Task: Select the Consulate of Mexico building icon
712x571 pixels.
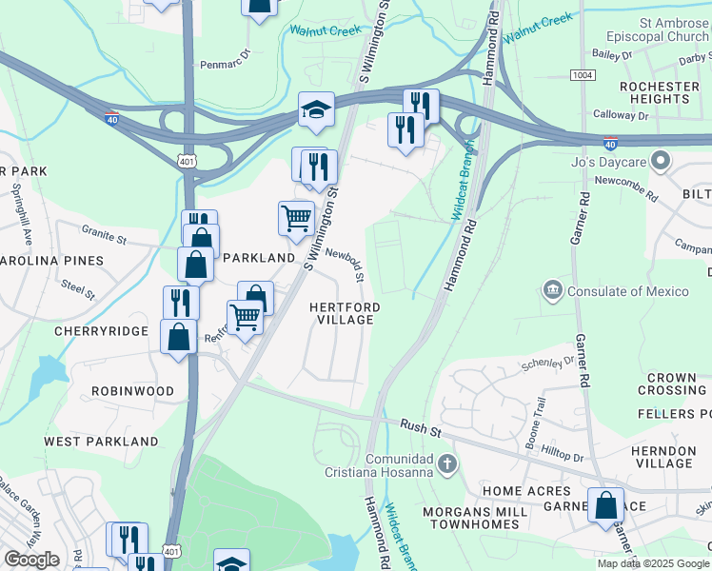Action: (x=552, y=288)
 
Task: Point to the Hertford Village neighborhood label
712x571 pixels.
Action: (x=345, y=313)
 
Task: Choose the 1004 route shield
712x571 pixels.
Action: (x=583, y=74)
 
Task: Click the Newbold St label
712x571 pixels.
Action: (x=346, y=266)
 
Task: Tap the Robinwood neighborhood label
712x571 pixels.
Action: (x=132, y=391)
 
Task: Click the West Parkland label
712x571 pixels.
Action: (x=101, y=442)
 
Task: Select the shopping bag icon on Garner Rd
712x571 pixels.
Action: (x=606, y=506)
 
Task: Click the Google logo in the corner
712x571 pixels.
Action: (x=31, y=560)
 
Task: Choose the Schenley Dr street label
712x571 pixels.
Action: (x=548, y=364)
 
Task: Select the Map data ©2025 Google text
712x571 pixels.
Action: (x=652, y=563)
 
